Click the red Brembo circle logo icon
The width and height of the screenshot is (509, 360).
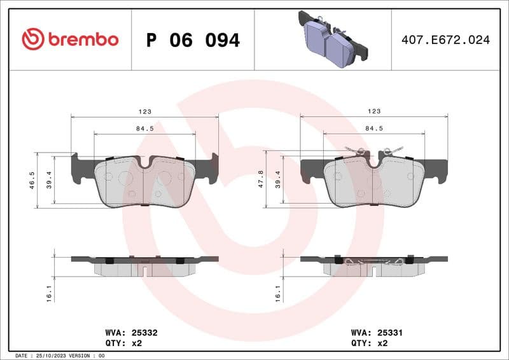click(x=33, y=39)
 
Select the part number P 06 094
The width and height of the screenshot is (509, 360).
click(x=193, y=40)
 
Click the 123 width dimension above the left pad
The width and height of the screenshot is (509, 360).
click(x=145, y=111)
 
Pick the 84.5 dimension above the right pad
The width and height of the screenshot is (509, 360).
click(x=374, y=128)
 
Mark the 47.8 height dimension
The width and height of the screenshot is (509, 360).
click(x=261, y=181)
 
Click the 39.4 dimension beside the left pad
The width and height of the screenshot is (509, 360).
click(x=48, y=181)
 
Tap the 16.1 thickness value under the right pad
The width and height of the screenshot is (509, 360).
click(x=277, y=294)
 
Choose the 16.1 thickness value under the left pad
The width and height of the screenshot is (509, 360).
click(x=48, y=294)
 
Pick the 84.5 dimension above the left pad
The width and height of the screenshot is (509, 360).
click(x=145, y=128)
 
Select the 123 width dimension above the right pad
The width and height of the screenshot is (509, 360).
click(x=374, y=111)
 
